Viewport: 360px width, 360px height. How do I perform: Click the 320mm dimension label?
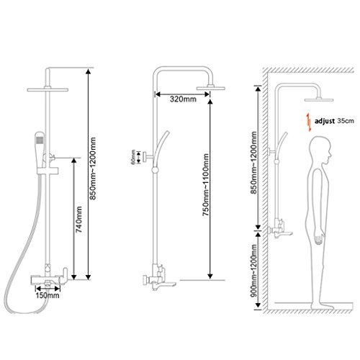pos(183,99)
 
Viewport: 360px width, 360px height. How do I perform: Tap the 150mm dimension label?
pos(48,295)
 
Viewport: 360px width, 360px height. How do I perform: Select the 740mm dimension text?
pos(78,220)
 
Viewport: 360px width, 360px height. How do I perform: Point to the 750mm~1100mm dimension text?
pos(206,185)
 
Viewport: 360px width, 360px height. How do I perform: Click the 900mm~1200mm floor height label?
pos(253,271)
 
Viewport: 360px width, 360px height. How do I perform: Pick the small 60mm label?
pos(133,157)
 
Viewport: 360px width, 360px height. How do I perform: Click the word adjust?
pos(325,121)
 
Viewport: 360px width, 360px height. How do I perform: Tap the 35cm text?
pos(346,120)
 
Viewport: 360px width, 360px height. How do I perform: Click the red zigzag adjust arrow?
pos(309,122)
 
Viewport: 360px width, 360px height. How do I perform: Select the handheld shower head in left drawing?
pos(40,146)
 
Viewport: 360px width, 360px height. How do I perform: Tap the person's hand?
pos(319,239)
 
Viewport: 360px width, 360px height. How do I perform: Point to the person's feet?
pos(323,307)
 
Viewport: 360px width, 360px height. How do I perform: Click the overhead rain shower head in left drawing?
pos(48,89)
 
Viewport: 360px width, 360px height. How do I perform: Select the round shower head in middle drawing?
pos(211,88)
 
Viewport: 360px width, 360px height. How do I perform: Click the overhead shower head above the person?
pos(319,99)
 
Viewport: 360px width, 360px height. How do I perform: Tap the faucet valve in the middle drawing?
pos(159,278)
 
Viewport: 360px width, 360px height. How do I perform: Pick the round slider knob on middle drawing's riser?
pos(155,170)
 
